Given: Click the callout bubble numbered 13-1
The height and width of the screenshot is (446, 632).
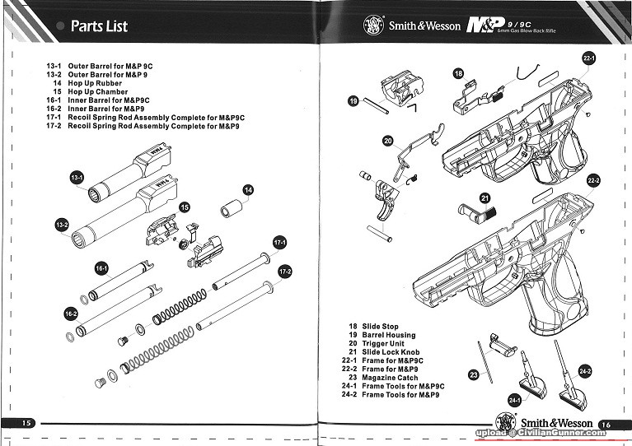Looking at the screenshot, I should point(77,178).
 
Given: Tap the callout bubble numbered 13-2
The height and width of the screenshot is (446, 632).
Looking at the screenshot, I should point(61,225).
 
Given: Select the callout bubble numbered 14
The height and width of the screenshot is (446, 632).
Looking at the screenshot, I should point(248,189).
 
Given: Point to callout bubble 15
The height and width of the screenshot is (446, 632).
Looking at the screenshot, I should point(184,207).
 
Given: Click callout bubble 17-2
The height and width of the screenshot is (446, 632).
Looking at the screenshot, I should point(286,272).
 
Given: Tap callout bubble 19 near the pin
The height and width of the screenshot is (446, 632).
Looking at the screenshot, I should point(353,101).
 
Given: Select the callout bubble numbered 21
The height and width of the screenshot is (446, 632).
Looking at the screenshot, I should point(485,197).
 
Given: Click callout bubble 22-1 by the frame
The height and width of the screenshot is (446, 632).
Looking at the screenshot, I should point(588,59).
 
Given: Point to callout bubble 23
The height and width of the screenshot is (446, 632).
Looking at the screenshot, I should point(474,374).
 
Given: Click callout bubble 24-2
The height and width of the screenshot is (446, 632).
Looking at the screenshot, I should point(585,371).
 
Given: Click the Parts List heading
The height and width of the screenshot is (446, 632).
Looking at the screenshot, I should point(99,26).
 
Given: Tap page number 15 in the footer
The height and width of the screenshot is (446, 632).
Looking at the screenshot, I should point(26,422).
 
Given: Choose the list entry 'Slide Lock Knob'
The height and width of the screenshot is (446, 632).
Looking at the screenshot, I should point(391,352).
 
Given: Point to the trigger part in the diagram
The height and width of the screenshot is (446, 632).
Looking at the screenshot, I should point(386,200).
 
